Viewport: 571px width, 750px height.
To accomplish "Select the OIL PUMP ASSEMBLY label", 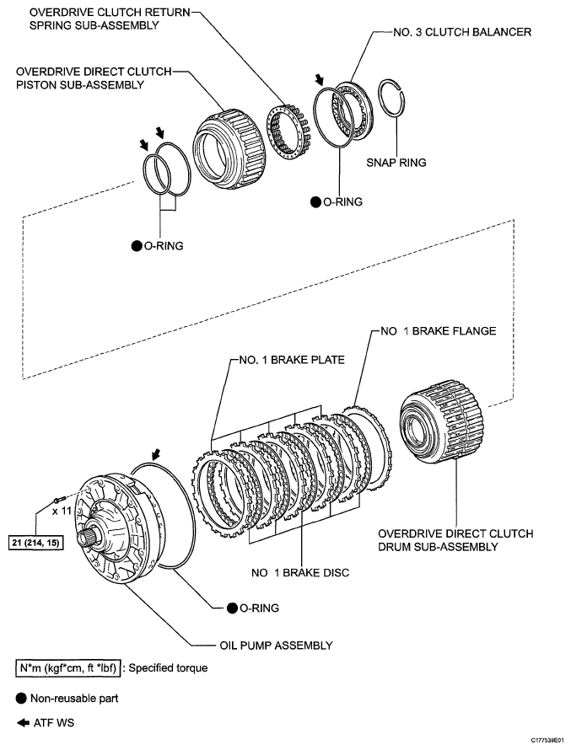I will tap(272, 646).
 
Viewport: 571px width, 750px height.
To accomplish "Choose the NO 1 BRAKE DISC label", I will tap(299, 573).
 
